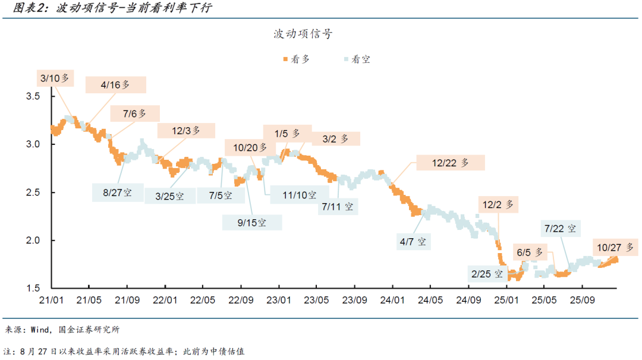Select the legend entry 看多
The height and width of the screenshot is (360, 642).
pyautogui.click(x=296, y=59)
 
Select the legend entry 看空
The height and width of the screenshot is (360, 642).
pyautogui.click(x=357, y=59)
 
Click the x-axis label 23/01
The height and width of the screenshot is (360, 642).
pyautogui.click(x=279, y=301)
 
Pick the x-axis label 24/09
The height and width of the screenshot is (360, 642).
pyautogui.click(x=468, y=301)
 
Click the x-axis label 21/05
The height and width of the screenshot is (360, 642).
pyautogui.click(x=89, y=301)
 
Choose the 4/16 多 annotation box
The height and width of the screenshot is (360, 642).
pyautogui.click(x=115, y=85)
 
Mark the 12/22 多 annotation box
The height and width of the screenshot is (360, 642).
pyautogui.click(x=451, y=162)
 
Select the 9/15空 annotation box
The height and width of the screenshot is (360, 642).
pyautogui.click(x=252, y=223)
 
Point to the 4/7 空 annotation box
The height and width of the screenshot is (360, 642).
pyautogui.click(x=413, y=241)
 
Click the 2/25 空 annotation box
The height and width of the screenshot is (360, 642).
pyautogui.click(x=487, y=274)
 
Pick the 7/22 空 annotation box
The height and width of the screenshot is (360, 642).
pyautogui.click(x=560, y=228)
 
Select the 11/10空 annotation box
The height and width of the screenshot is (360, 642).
pyautogui.click(x=300, y=195)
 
